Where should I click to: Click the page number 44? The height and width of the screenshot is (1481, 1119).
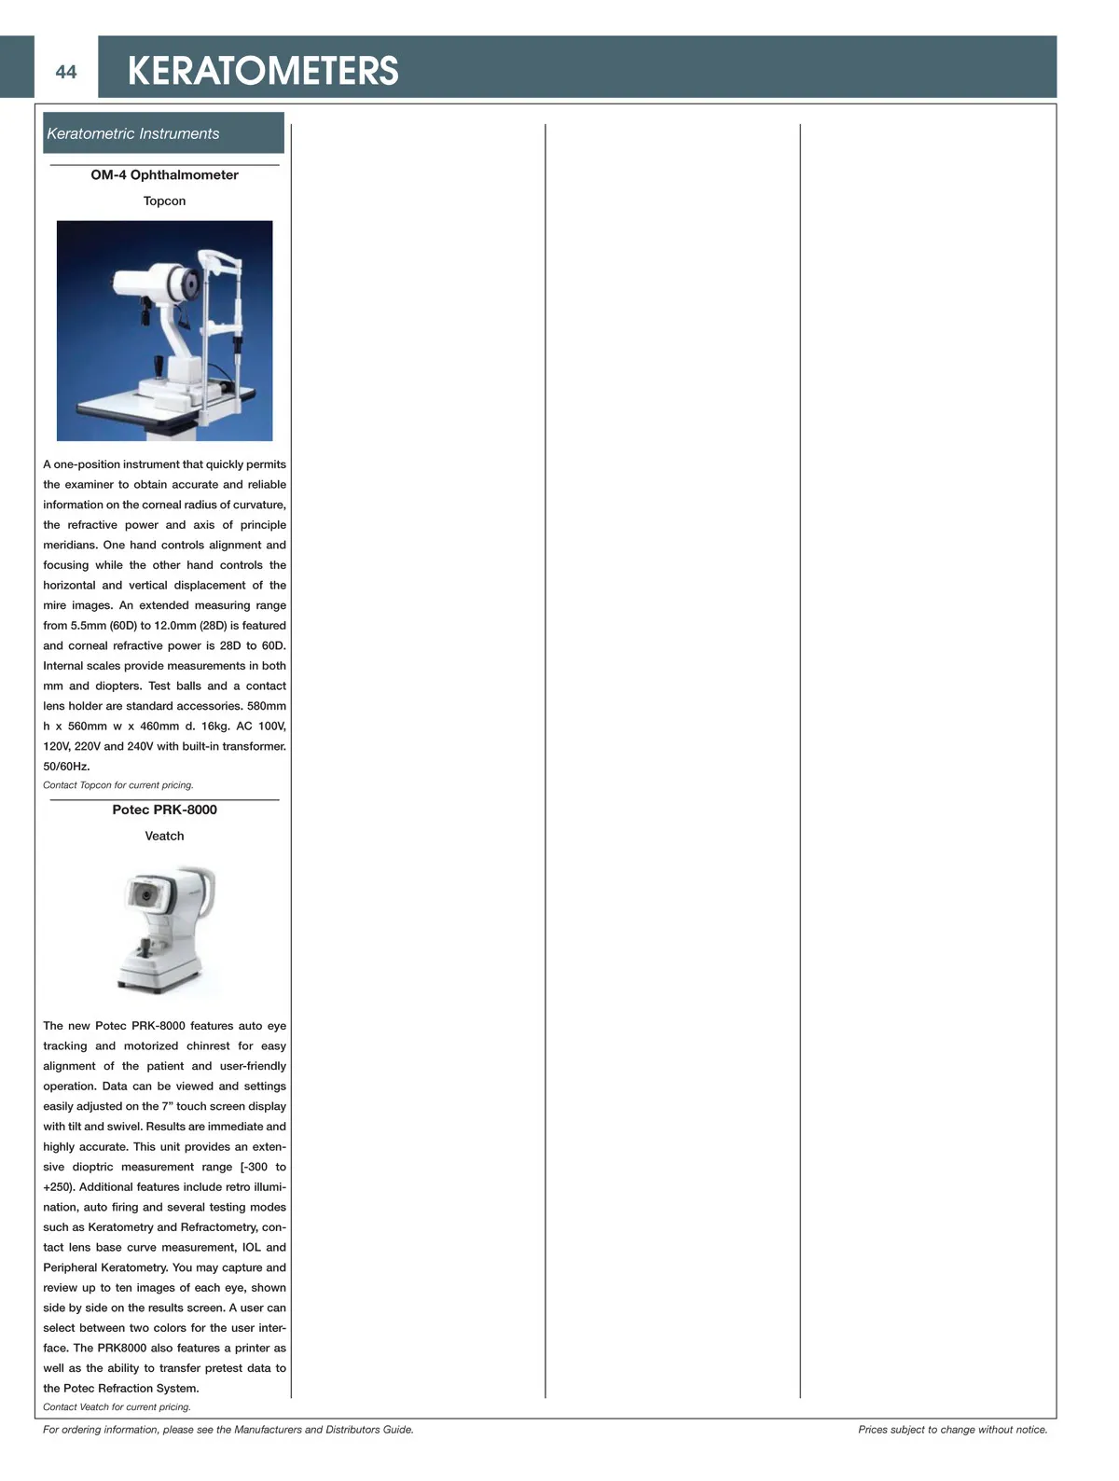[x=65, y=72]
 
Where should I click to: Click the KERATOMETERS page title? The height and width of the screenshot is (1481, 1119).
[x=262, y=72]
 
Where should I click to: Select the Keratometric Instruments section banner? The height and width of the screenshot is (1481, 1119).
[x=163, y=133]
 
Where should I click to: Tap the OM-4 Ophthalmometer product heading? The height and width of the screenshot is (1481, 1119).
[x=164, y=175]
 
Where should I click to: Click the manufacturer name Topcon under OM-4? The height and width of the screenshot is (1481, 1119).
[x=164, y=201]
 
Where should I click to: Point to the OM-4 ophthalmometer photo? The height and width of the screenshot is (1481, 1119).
[x=164, y=330]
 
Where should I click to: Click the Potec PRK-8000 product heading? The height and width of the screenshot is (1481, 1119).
[x=164, y=810]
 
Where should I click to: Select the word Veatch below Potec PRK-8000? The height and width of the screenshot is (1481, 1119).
[x=164, y=837]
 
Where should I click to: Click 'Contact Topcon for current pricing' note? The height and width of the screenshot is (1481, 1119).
[x=118, y=785]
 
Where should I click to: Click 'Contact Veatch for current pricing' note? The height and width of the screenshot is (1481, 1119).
[x=117, y=1407]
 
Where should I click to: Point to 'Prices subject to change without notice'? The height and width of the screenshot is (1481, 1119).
[x=952, y=1430]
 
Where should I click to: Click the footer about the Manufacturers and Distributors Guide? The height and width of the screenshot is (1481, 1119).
[x=228, y=1430]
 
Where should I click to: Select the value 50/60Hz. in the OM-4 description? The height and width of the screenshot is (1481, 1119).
[x=66, y=767]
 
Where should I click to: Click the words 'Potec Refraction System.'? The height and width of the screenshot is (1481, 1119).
[x=131, y=1389]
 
